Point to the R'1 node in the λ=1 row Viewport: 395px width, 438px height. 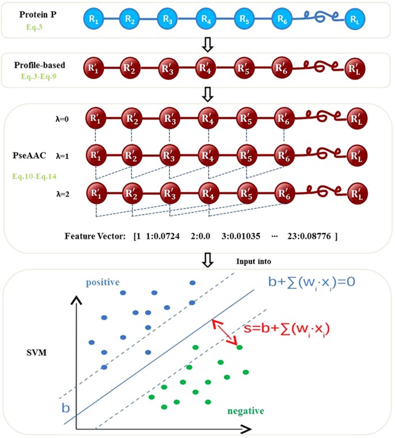coord(95,154)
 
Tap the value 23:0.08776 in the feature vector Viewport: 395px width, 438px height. coord(309,236)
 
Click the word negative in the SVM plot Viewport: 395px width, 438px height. coord(245,411)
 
